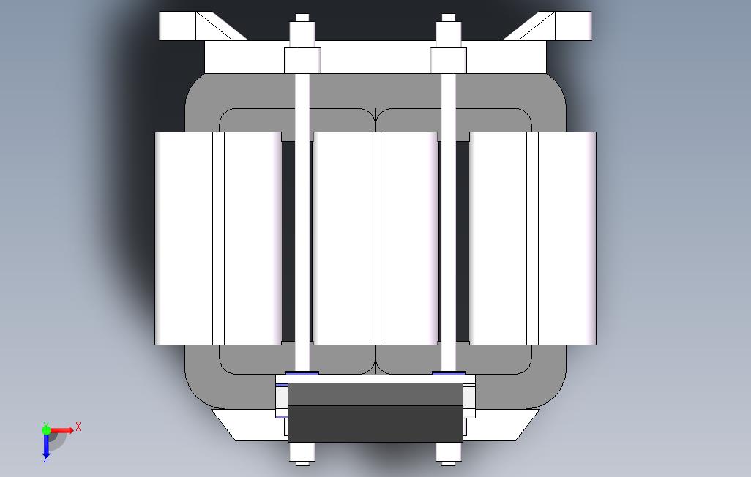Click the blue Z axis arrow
(46, 445)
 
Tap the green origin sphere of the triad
(46, 430)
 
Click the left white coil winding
(218, 238)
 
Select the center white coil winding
(375, 238)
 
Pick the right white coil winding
(533, 238)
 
